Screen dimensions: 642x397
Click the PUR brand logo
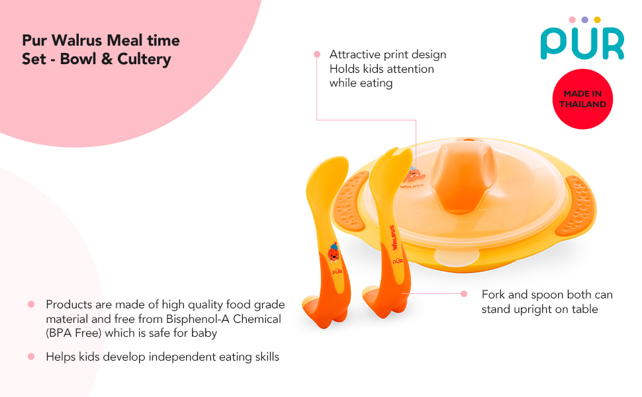[582, 38]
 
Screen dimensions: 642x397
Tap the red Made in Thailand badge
[582, 99]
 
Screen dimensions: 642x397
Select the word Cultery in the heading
[144, 59]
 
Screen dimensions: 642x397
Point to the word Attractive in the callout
[355, 54]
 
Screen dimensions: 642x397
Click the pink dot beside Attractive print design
[317, 54]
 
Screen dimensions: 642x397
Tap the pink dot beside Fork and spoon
[464, 294]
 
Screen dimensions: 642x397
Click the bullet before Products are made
[31, 304]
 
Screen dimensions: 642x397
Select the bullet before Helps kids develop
[31, 357]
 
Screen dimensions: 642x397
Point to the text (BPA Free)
[73, 333]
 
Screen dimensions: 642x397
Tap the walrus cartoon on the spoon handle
[334, 253]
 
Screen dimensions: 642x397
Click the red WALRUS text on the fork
[393, 238]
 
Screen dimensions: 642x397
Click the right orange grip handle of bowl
[575, 206]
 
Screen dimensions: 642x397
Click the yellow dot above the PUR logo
[598, 20]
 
